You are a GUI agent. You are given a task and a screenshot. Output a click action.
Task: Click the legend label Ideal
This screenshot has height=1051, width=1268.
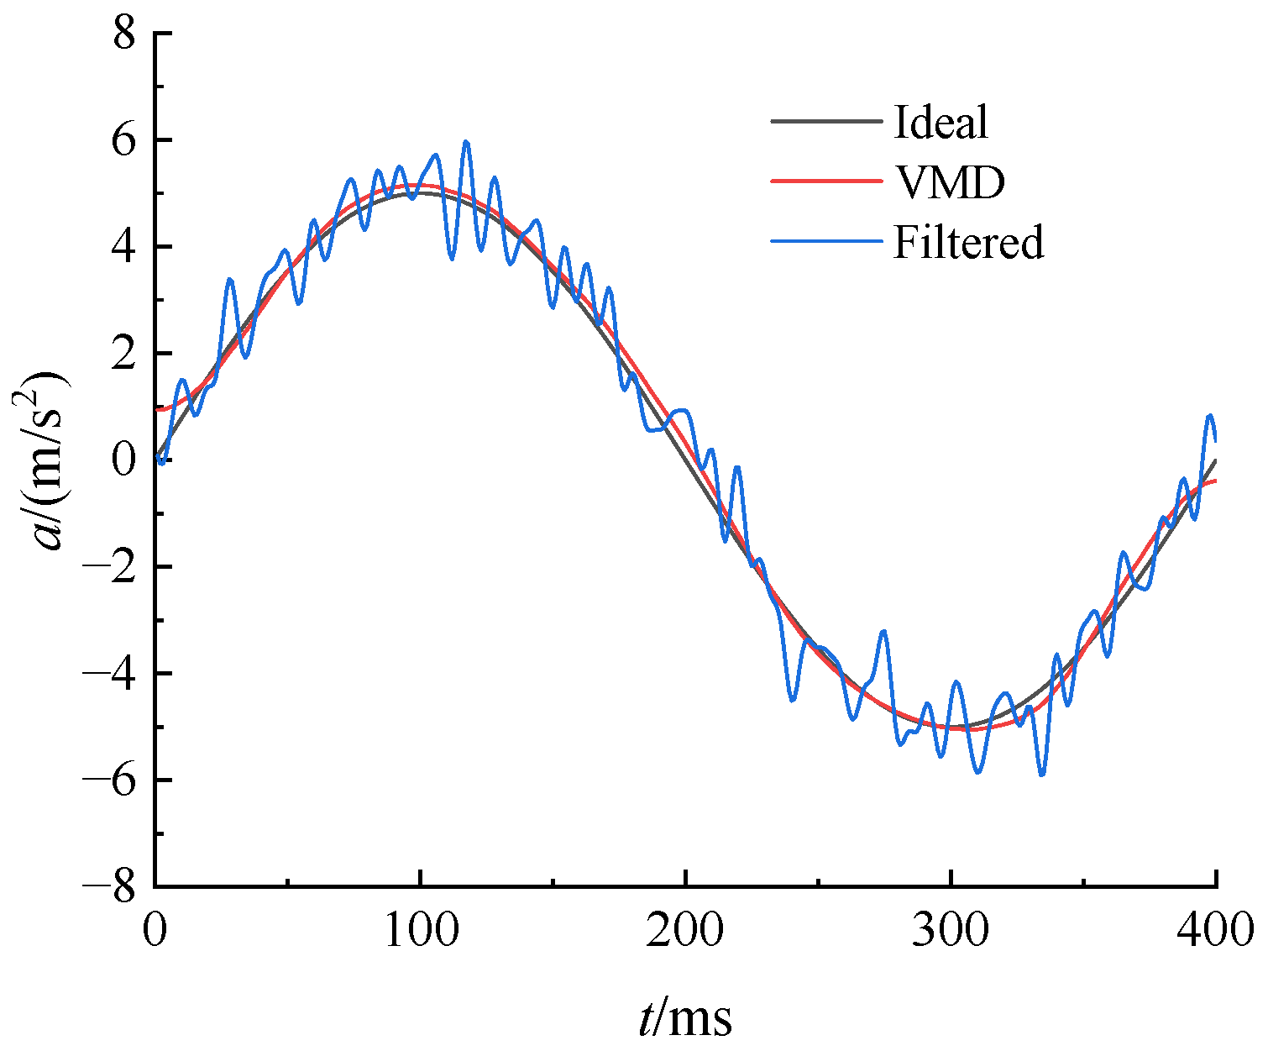[941, 123]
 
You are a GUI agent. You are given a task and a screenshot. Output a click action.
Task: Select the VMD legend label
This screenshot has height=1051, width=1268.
[949, 182]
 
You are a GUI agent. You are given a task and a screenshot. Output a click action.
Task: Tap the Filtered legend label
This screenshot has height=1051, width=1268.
[968, 242]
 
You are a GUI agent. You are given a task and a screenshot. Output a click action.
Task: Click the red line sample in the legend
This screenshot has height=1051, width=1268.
[826, 182]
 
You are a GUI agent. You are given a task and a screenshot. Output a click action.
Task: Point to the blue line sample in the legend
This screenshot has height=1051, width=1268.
[826, 242]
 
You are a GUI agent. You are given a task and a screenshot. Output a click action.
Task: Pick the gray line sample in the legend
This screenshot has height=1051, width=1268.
[826, 123]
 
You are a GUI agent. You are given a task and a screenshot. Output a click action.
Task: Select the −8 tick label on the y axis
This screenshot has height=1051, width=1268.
[111, 887]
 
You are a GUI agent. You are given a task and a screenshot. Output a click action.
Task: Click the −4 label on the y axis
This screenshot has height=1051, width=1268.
[111, 674]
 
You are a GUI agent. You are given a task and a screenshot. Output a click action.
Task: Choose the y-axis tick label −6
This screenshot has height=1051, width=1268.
[111, 780]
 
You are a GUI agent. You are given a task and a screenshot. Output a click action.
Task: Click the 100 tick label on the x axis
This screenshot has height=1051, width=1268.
[420, 931]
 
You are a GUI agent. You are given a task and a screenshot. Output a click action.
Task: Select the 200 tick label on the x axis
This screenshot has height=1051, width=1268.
[685, 931]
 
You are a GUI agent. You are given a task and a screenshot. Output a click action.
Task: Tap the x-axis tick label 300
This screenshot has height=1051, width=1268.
[951, 931]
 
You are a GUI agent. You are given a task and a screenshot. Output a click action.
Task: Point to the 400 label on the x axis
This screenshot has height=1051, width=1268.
[1214, 931]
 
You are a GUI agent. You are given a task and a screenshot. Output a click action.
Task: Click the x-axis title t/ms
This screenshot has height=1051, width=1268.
[685, 1017]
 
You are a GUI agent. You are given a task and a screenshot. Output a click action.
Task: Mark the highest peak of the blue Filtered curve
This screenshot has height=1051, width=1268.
[466, 142]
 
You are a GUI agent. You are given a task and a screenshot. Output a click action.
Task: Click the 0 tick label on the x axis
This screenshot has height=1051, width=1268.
[155, 931]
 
